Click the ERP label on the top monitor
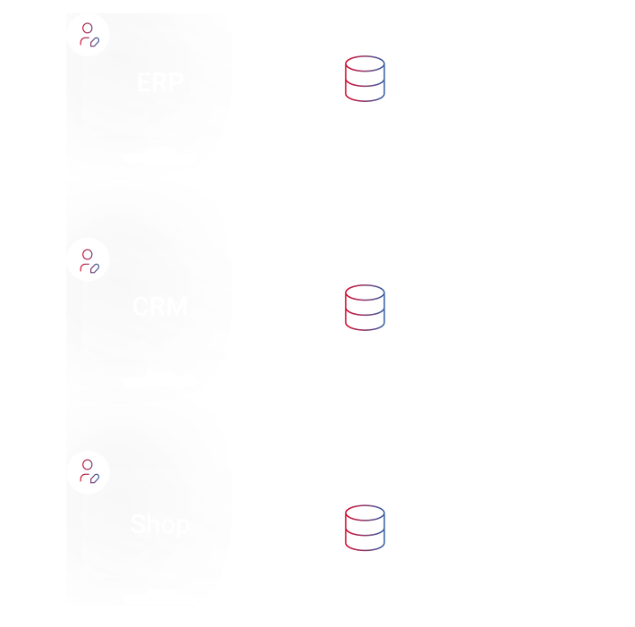160,83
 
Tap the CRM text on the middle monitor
160,307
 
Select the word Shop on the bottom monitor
160,523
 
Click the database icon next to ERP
365,79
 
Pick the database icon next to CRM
365,307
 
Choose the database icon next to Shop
365,528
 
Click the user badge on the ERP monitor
88,35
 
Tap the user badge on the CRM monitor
88,260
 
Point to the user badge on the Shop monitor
88,472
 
